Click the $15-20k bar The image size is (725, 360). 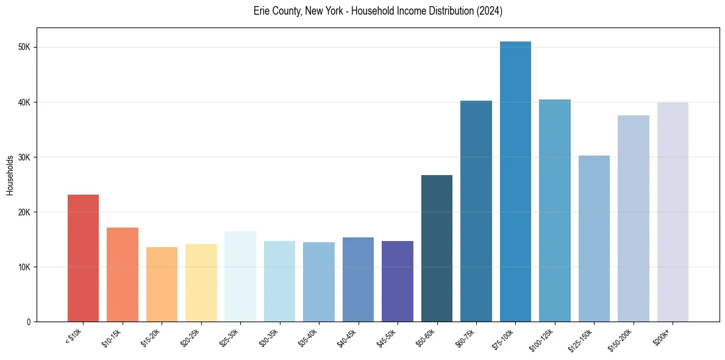click(x=162, y=284)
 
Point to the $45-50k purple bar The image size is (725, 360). click(x=398, y=281)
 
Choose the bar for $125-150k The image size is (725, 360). click(x=594, y=239)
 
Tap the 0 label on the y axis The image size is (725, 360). click(x=29, y=322)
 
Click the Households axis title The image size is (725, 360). click(x=10, y=175)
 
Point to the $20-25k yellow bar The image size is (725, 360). click(x=201, y=283)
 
